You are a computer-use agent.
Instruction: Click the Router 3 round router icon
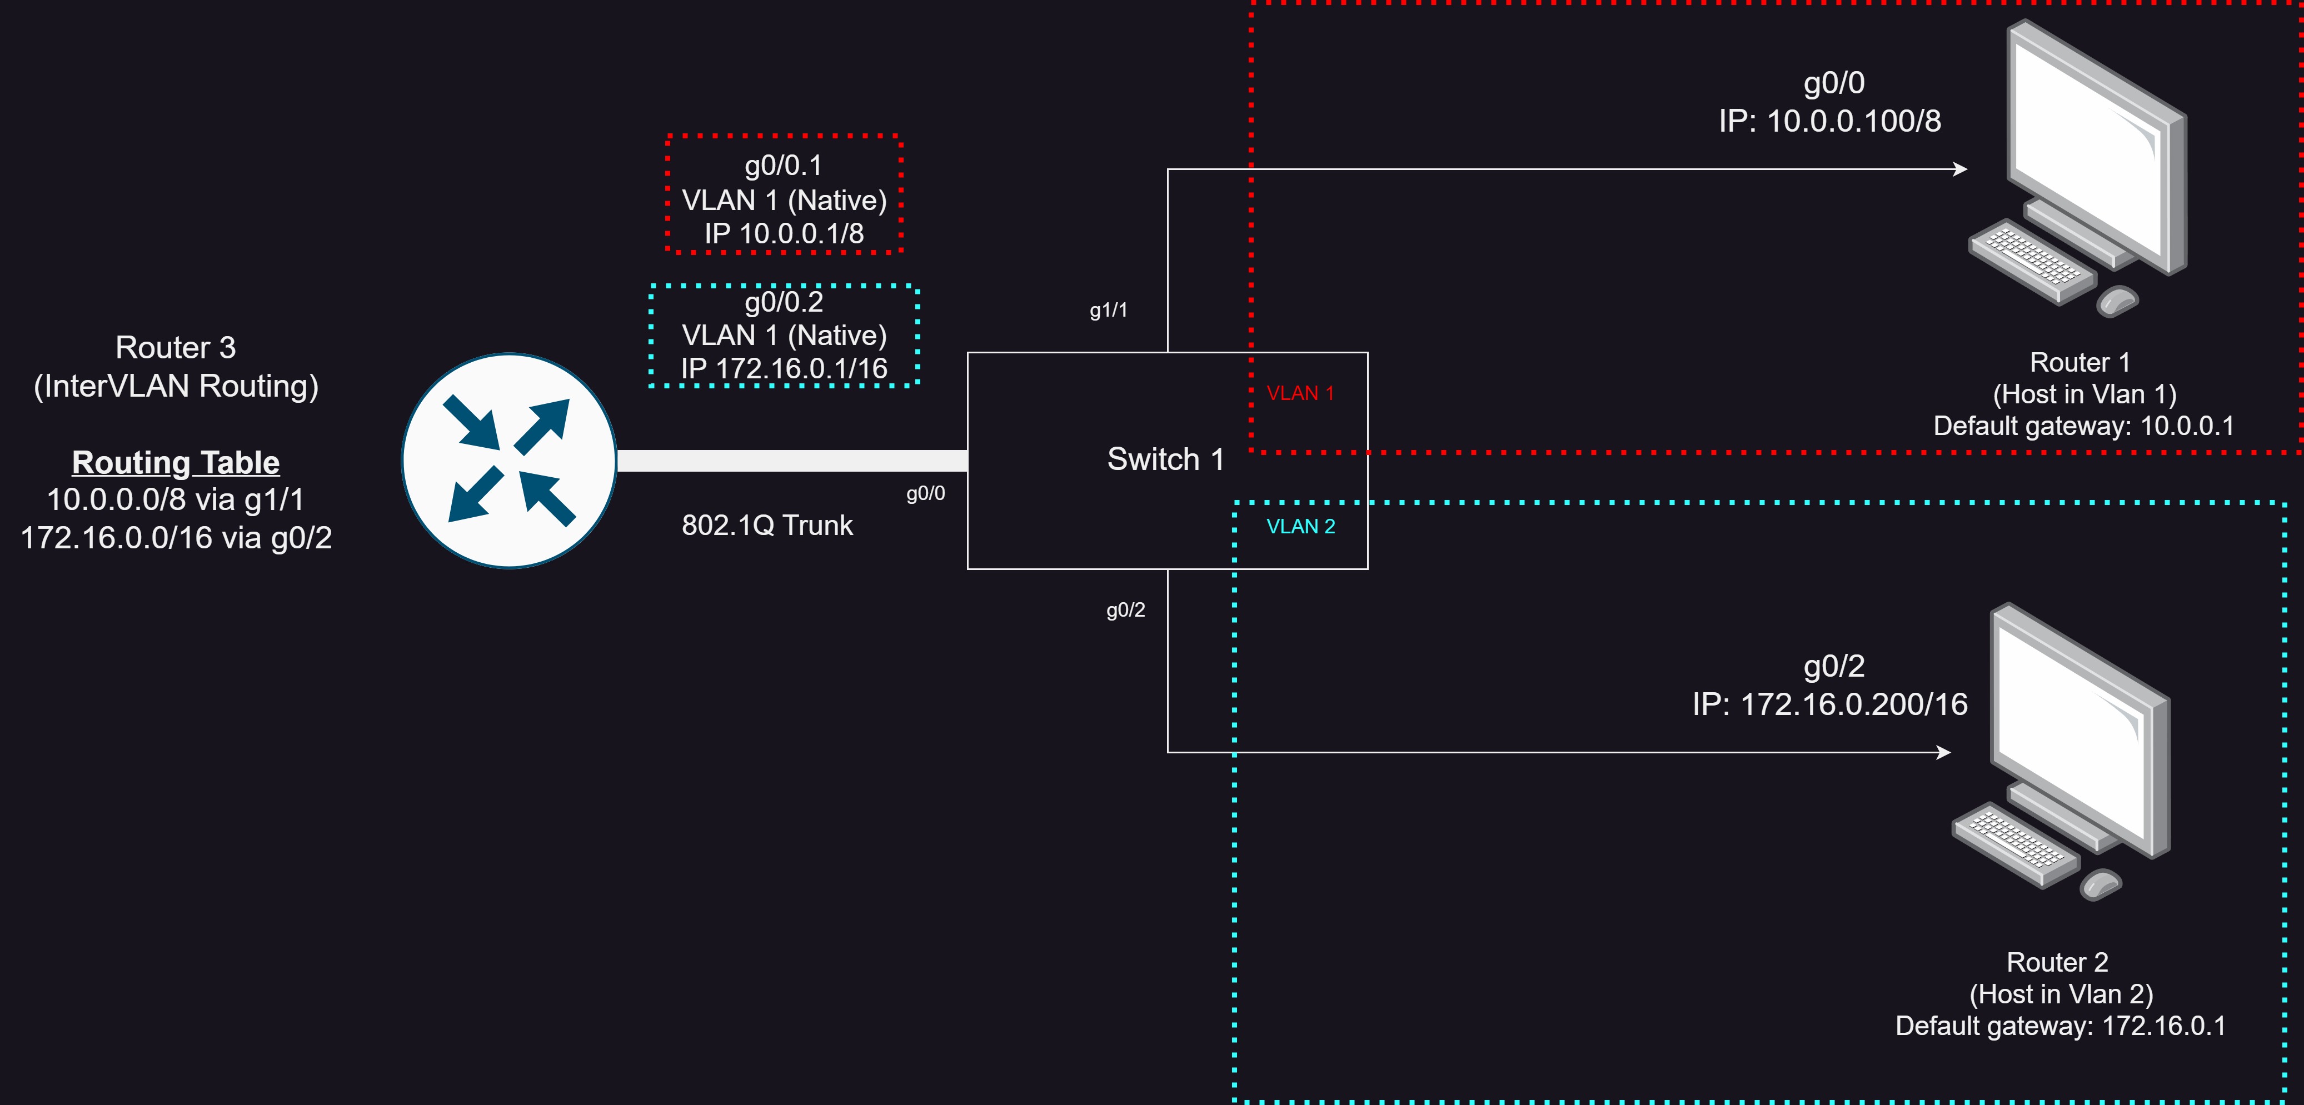pyautogui.click(x=509, y=461)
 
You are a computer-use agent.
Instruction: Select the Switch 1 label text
pyautogui.click(x=1165, y=459)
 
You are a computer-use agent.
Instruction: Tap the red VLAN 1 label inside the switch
pyautogui.click(x=1300, y=393)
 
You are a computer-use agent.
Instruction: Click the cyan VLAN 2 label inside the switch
pyautogui.click(x=1300, y=527)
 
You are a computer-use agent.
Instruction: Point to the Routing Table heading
pyautogui.click(x=175, y=462)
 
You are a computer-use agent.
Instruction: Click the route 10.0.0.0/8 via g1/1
pyautogui.click(x=175, y=499)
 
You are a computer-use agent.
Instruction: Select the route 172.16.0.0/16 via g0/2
pyautogui.click(x=176, y=537)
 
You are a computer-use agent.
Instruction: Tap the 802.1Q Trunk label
pyautogui.click(x=766, y=525)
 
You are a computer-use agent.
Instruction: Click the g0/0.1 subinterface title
pyautogui.click(x=784, y=166)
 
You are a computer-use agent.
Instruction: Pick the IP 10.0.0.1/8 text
pyautogui.click(x=784, y=233)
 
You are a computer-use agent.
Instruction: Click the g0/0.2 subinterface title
pyautogui.click(x=784, y=302)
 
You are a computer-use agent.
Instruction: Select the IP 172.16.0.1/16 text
pyautogui.click(x=784, y=368)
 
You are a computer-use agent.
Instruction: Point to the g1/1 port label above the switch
pyautogui.click(x=1108, y=310)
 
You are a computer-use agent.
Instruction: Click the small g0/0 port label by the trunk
pyautogui.click(x=926, y=493)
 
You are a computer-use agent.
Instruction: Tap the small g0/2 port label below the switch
pyautogui.click(x=1125, y=609)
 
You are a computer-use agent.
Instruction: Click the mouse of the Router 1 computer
pyautogui.click(x=2117, y=301)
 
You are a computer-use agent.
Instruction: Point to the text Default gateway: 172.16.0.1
pyautogui.click(x=2060, y=1026)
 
